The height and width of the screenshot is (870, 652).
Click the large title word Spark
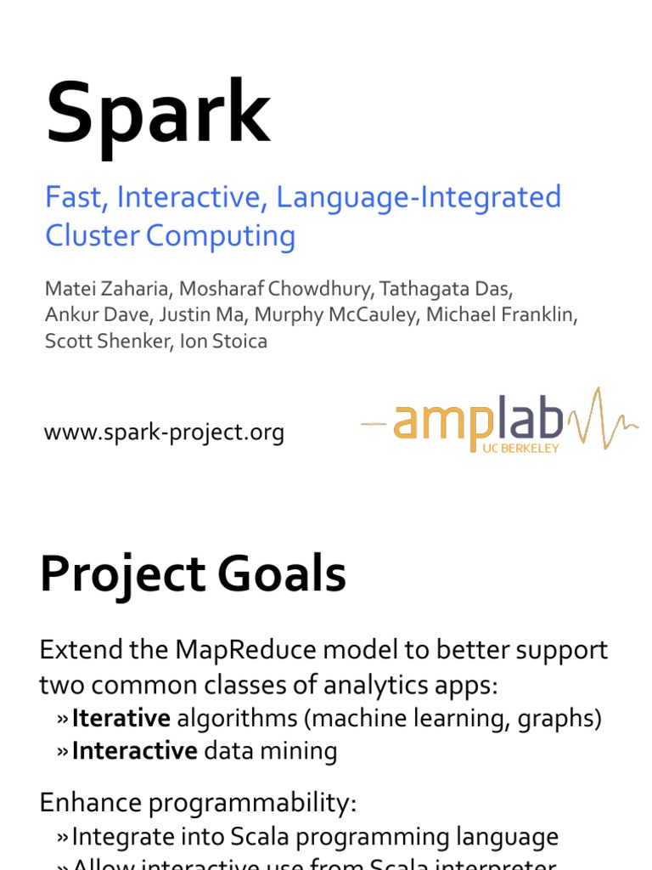pyautogui.click(x=158, y=114)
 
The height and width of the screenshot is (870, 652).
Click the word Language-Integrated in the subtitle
pyautogui.click(x=419, y=197)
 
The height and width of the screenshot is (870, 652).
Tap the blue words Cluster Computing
pyautogui.click(x=170, y=236)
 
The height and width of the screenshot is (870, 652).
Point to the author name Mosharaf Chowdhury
pyautogui.click(x=273, y=288)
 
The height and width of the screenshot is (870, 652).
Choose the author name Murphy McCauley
pyautogui.click(x=334, y=315)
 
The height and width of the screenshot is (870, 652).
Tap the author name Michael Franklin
pyautogui.click(x=501, y=315)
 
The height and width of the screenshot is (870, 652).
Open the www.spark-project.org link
pyautogui.click(x=164, y=433)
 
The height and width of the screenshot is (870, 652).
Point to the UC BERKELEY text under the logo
pyautogui.click(x=520, y=448)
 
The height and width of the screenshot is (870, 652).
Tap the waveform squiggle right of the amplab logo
pyautogui.click(x=603, y=419)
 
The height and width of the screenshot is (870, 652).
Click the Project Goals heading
pyautogui.click(x=193, y=575)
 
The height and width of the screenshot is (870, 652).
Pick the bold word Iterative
pyautogui.click(x=121, y=719)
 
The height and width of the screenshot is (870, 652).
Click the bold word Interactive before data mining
pyautogui.click(x=134, y=751)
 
